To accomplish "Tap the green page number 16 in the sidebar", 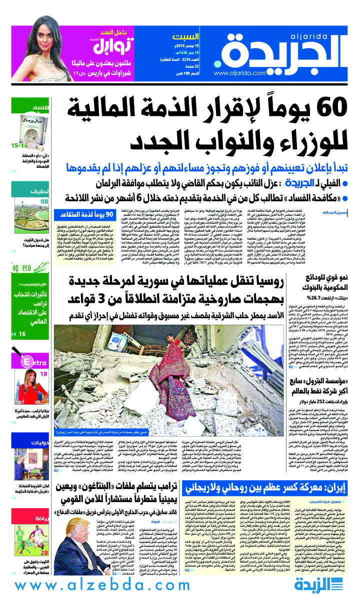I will coord(22,334).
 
